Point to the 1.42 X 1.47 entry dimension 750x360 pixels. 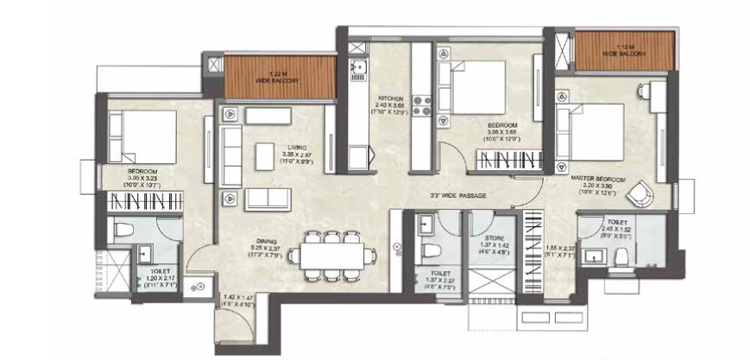tap(236, 297)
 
